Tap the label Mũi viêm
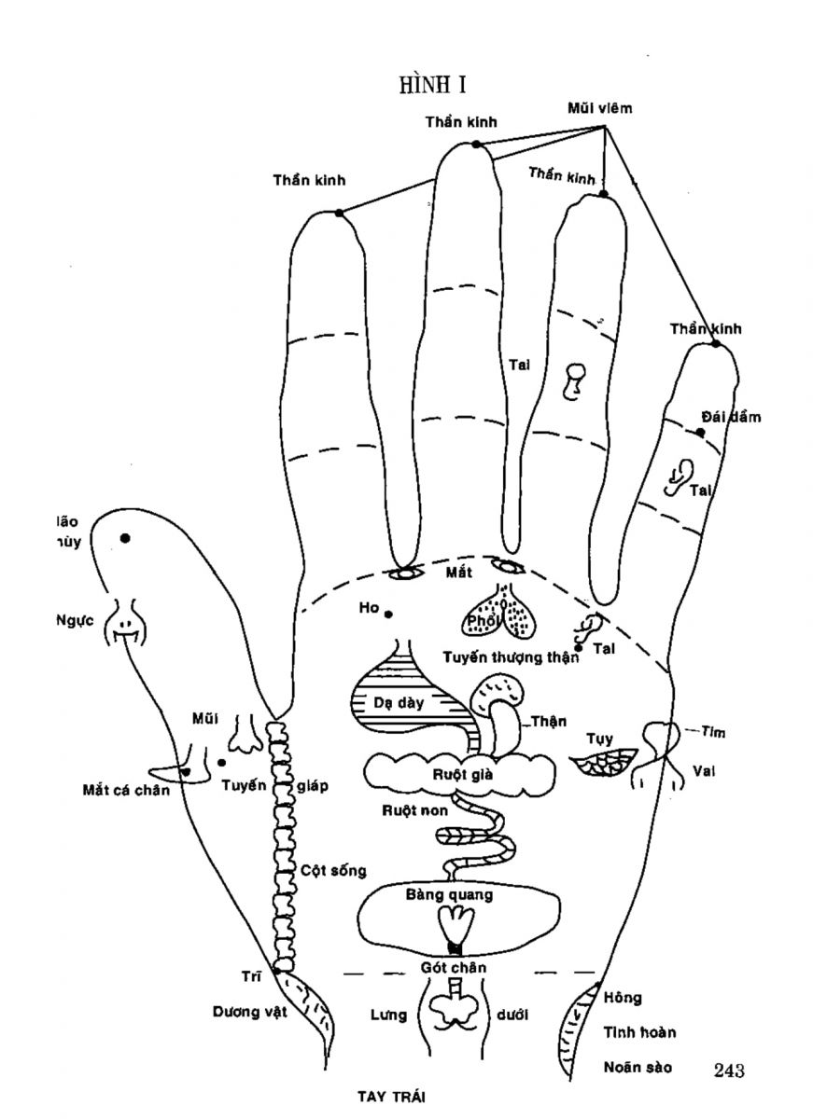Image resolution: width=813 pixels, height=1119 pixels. (600, 108)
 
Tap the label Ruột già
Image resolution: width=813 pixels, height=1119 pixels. (456, 772)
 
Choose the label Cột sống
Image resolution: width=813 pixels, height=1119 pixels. (333, 870)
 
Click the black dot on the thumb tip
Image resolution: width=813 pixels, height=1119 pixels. (125, 538)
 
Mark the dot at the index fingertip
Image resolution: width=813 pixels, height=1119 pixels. (339, 213)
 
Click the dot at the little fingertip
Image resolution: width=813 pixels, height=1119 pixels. (716, 344)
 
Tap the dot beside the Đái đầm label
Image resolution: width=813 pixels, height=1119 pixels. (700, 432)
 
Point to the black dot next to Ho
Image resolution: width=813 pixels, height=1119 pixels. (388, 614)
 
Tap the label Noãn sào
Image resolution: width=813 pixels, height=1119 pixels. (638, 1066)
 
